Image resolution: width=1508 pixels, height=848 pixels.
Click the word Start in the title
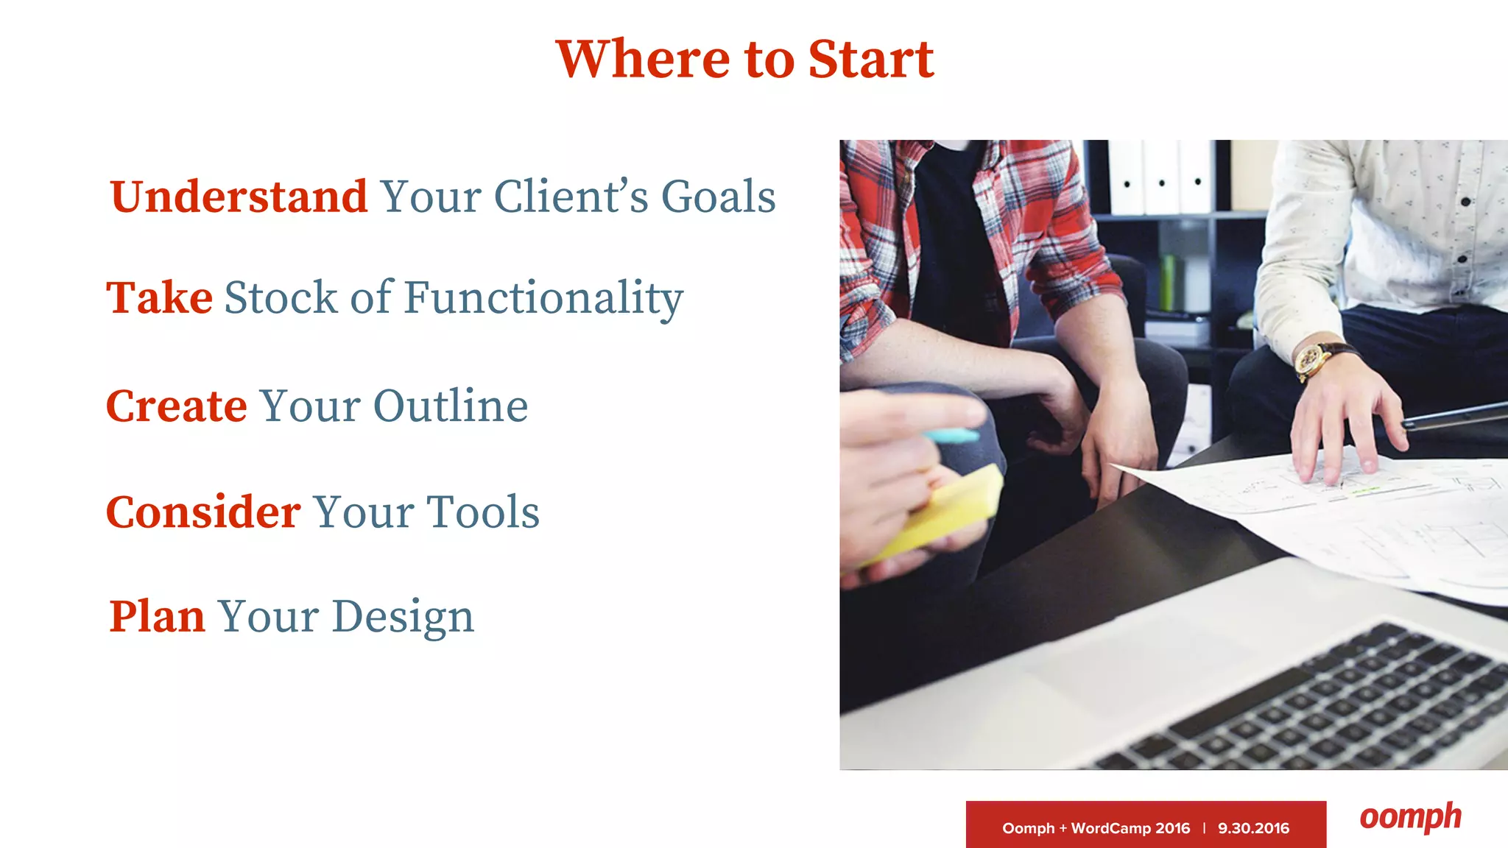pos(870,59)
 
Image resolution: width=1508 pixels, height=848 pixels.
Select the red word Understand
pos(239,197)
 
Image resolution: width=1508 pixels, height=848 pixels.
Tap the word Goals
pos(718,197)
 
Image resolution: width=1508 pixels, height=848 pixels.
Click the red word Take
pos(160,297)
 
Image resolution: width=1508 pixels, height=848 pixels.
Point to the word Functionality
pos(543,299)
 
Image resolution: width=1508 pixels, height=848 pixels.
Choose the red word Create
pos(177,406)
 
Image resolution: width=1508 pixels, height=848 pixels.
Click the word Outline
pos(451,406)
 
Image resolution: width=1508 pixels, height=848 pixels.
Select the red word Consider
pos(203,512)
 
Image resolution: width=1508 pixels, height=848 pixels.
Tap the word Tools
pos(483,512)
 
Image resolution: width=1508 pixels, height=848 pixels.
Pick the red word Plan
pos(157,617)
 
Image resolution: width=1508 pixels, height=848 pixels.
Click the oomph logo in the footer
pos(1410,817)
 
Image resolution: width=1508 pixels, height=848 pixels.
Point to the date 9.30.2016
pos(1253,828)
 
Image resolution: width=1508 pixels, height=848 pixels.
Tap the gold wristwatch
pos(1312,360)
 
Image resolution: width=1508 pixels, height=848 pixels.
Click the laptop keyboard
pos(1325,707)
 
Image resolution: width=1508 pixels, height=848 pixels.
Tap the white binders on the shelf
pos(1160,177)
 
